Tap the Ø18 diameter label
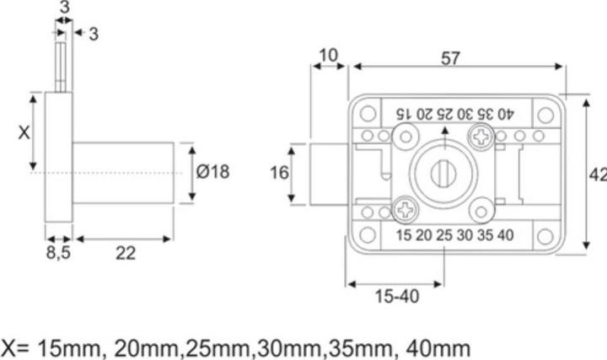pos(212,172)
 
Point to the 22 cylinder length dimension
pos(125,254)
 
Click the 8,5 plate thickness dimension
pos(58,254)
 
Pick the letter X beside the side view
pos(24,132)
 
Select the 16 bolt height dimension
pos(280,173)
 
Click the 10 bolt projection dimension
pos(328,56)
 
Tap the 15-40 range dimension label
pos(395,297)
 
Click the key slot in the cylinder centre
pos(443,173)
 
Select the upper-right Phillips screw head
pos(482,133)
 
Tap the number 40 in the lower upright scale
pos(505,235)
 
